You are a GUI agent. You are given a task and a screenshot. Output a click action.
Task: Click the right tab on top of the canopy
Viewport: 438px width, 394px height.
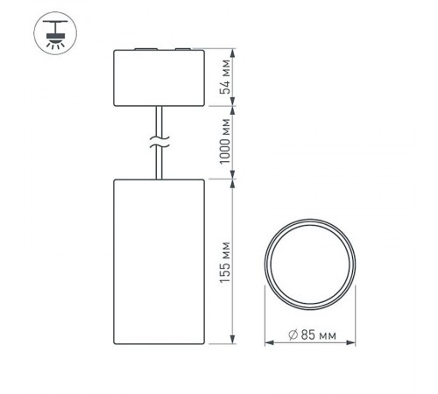click(180, 51)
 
